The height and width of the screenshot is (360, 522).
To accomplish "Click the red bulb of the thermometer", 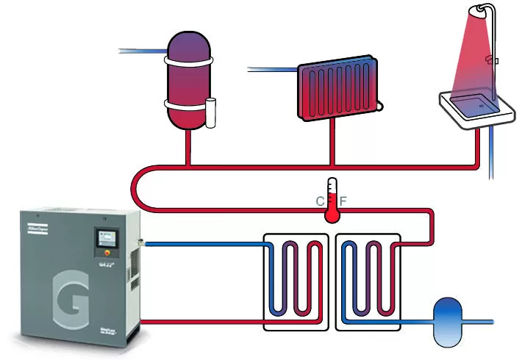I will click(x=332, y=214).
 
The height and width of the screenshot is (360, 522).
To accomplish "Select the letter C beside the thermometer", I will click(x=321, y=200).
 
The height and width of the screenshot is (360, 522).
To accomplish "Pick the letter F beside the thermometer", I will click(x=343, y=200).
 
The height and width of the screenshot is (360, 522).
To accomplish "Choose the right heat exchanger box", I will click(x=368, y=282).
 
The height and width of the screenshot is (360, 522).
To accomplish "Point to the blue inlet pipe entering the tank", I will click(x=143, y=51).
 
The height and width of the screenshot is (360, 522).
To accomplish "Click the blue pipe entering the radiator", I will click(x=272, y=70).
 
